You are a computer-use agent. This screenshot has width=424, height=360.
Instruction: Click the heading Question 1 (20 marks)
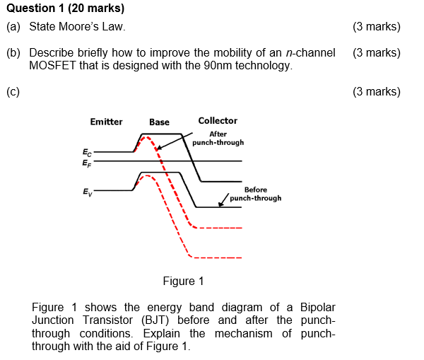(65, 8)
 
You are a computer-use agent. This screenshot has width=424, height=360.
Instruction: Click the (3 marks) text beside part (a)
(375, 27)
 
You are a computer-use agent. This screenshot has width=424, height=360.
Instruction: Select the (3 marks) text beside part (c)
(375, 91)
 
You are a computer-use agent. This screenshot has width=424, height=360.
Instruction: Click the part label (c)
(13, 91)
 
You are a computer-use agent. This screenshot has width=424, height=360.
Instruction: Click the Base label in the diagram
(159, 122)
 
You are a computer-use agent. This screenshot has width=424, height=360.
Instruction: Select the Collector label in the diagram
(218, 121)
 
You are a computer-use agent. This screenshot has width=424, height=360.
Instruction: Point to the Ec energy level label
(86, 151)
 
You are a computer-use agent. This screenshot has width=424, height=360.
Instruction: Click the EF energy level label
(86, 162)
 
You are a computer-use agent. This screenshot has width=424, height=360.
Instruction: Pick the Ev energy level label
(86, 191)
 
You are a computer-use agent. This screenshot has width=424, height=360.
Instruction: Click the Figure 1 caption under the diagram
(183, 281)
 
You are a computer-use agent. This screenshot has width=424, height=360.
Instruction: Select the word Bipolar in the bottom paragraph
(317, 307)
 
